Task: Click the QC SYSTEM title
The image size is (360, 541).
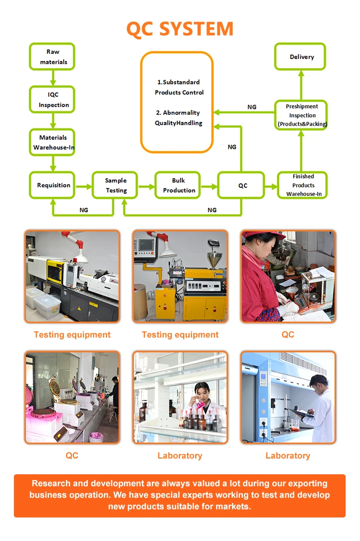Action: [180, 29]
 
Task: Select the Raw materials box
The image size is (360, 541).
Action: [52, 57]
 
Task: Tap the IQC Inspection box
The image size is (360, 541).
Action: [53, 100]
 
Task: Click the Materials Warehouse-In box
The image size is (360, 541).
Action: [53, 142]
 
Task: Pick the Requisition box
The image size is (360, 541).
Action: [53, 185]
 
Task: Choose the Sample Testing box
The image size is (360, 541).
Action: [115, 185]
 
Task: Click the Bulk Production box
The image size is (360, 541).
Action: [178, 185]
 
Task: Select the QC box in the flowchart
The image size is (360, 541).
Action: [242, 185]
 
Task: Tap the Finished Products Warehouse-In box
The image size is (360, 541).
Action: [303, 185]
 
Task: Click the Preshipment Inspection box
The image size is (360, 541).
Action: [302, 115]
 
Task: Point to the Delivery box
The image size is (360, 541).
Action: [301, 57]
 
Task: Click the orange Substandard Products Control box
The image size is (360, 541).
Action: [177, 102]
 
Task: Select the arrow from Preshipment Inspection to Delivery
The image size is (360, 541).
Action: [301, 85]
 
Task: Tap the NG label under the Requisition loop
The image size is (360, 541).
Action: [84, 210]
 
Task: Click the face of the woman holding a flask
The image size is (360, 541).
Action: [202, 390]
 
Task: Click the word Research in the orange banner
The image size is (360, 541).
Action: [52, 483]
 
